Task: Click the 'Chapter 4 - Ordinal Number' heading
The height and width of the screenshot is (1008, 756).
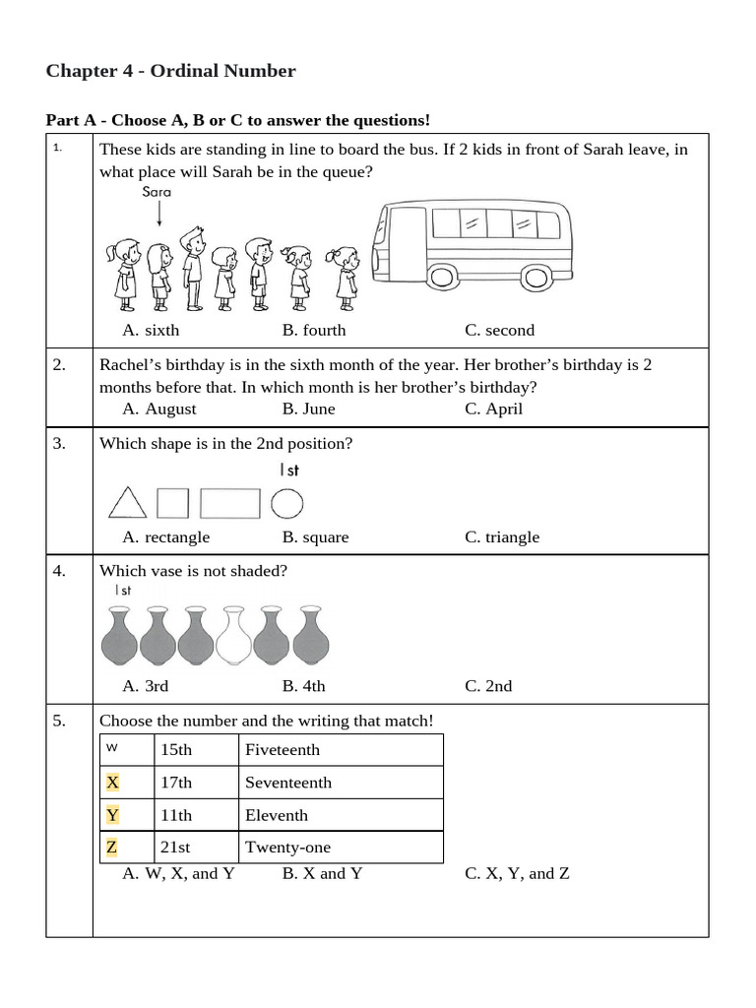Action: (170, 71)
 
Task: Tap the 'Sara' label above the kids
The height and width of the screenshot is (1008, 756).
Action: (157, 192)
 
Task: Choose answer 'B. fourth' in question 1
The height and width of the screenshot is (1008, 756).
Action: (314, 331)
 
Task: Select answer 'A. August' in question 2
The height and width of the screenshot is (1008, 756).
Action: (158, 409)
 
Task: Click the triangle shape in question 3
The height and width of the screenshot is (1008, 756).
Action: (127, 503)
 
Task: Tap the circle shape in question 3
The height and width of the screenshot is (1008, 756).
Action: (286, 503)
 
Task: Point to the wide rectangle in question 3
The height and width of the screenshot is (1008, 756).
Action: (230, 503)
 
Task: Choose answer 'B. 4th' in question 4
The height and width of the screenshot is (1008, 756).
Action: (303, 686)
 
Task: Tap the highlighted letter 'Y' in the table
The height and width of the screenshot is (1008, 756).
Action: (112, 815)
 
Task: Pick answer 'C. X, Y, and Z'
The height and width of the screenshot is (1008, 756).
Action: (517, 874)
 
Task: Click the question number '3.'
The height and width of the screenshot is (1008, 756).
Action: (60, 444)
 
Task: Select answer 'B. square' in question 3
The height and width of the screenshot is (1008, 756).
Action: (315, 537)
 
